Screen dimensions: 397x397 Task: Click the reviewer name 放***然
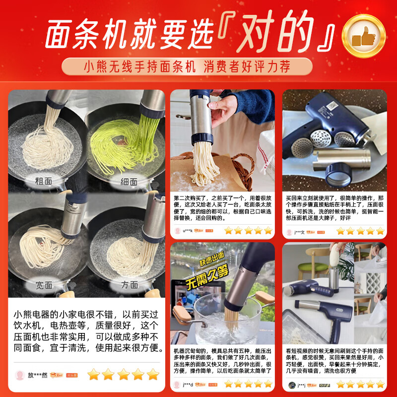point(37,375)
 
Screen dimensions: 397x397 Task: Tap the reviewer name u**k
point(188,231)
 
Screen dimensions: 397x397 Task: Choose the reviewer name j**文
point(300,231)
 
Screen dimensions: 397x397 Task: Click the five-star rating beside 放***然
point(123,374)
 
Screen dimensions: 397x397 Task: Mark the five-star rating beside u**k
point(248,231)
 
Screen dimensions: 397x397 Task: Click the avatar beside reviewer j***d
point(177,384)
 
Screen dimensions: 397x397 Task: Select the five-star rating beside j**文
point(360,231)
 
